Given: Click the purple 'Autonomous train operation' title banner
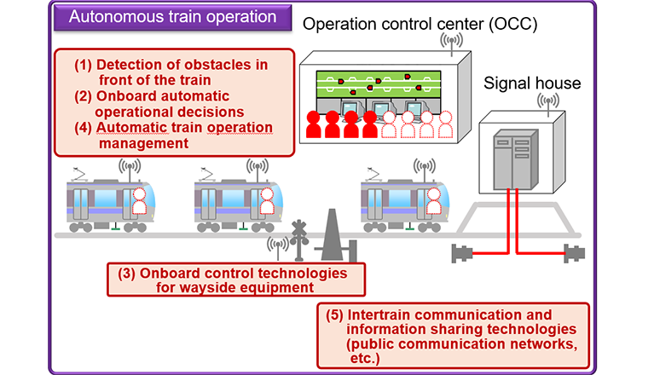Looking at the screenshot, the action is click(173, 18).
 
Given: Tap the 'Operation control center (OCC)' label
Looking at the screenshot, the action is click(420, 24).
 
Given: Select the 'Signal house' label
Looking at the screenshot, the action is click(532, 84).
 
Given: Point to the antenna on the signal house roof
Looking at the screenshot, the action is click(548, 103).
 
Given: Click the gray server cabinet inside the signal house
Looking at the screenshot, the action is click(516, 159).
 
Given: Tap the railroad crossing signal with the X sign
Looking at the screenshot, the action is click(299, 240).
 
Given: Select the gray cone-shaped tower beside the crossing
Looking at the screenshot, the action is click(332, 235).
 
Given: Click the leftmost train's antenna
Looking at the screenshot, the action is click(130, 169).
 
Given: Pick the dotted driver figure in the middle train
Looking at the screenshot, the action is click(267, 201).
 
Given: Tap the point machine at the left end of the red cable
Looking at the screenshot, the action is click(462, 253).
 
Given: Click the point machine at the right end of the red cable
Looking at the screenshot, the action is click(575, 253).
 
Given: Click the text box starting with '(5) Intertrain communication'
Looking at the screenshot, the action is click(453, 336).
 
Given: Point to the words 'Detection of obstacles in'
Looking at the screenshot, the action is click(182, 65).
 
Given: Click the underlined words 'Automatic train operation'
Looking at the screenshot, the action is click(184, 128).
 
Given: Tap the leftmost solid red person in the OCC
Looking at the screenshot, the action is click(313, 124).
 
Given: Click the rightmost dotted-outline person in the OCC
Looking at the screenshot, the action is click(445, 124).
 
